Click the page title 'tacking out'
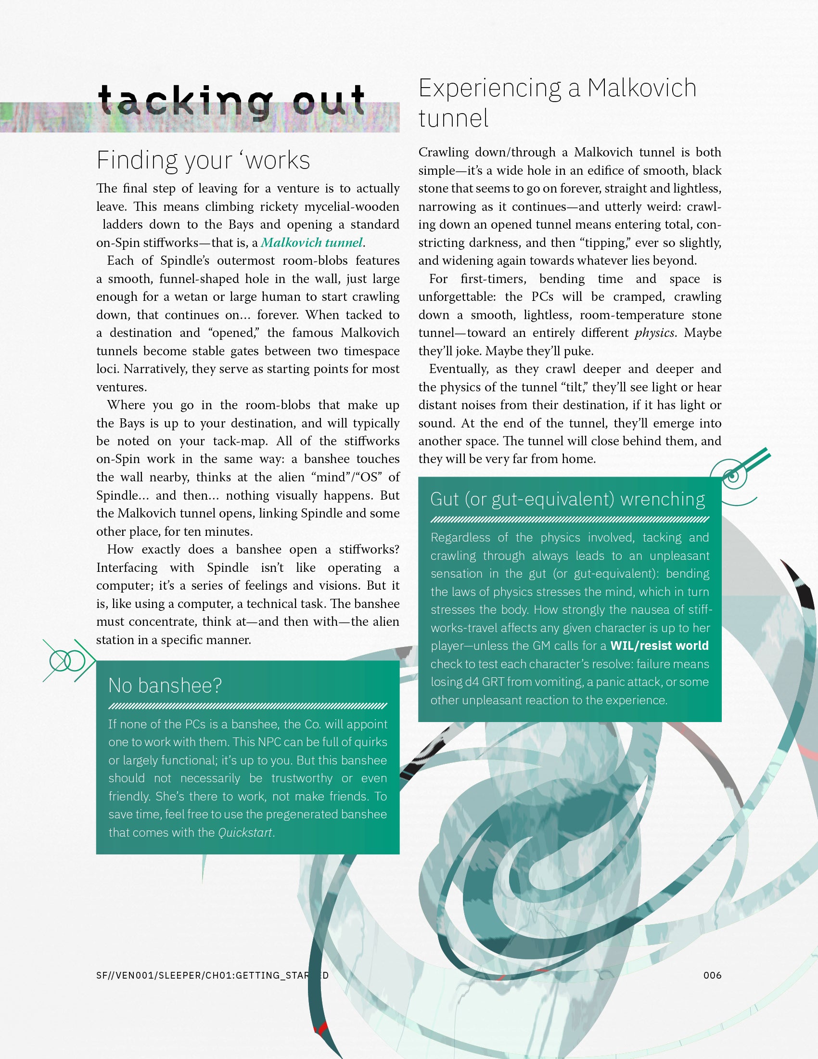coord(231,101)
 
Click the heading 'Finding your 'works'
coord(203,160)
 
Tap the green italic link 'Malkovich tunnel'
coord(312,243)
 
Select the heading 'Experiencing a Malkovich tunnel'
coord(557,103)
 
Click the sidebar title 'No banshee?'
coord(165,685)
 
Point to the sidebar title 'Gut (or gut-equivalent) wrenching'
coord(567,499)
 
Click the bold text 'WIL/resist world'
coord(659,646)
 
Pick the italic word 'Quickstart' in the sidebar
coord(245,833)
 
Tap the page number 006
coord(712,975)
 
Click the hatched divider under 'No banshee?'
coord(248,706)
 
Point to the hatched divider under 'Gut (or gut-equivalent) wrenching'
coord(569,520)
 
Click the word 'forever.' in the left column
coord(277,315)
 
